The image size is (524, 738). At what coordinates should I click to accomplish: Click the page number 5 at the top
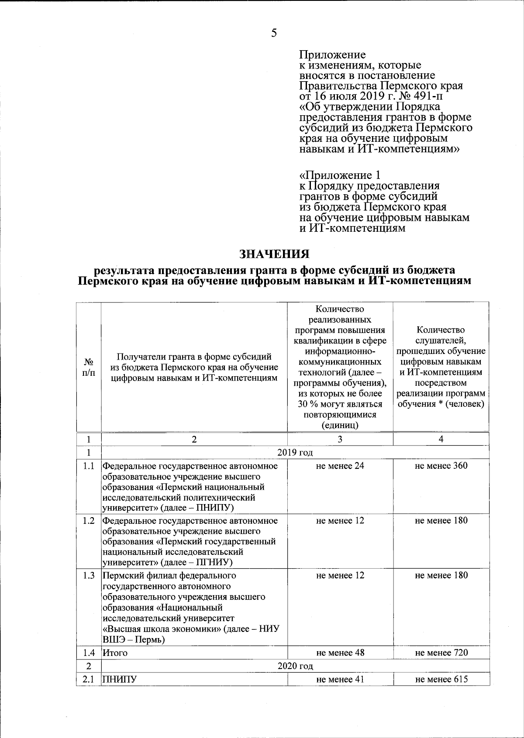pyautogui.click(x=274, y=33)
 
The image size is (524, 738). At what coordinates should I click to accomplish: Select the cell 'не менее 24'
pyautogui.click(x=340, y=466)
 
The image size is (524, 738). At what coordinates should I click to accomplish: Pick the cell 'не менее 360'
pyautogui.click(x=441, y=466)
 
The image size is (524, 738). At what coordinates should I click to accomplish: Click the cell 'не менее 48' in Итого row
pyautogui.click(x=340, y=652)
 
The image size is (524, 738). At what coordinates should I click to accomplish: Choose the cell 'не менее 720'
pyautogui.click(x=441, y=652)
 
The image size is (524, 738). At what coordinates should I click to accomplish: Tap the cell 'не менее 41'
pyautogui.click(x=340, y=679)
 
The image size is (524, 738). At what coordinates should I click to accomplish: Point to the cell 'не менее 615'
pyautogui.click(x=441, y=679)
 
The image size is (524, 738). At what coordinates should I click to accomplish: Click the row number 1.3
pyautogui.click(x=89, y=575)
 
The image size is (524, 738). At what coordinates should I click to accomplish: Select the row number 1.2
pyautogui.click(x=89, y=521)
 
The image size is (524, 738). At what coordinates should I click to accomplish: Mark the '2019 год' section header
pyautogui.click(x=295, y=452)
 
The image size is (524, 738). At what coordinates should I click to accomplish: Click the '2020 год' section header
pyautogui.click(x=295, y=666)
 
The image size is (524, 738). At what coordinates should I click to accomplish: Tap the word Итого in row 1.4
pyautogui.click(x=115, y=653)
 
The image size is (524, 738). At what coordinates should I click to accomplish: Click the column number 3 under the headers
pyautogui.click(x=340, y=439)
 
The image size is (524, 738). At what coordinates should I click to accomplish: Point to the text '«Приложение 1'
pyautogui.click(x=340, y=175)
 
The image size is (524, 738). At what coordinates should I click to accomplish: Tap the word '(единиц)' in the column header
pyautogui.click(x=340, y=425)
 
